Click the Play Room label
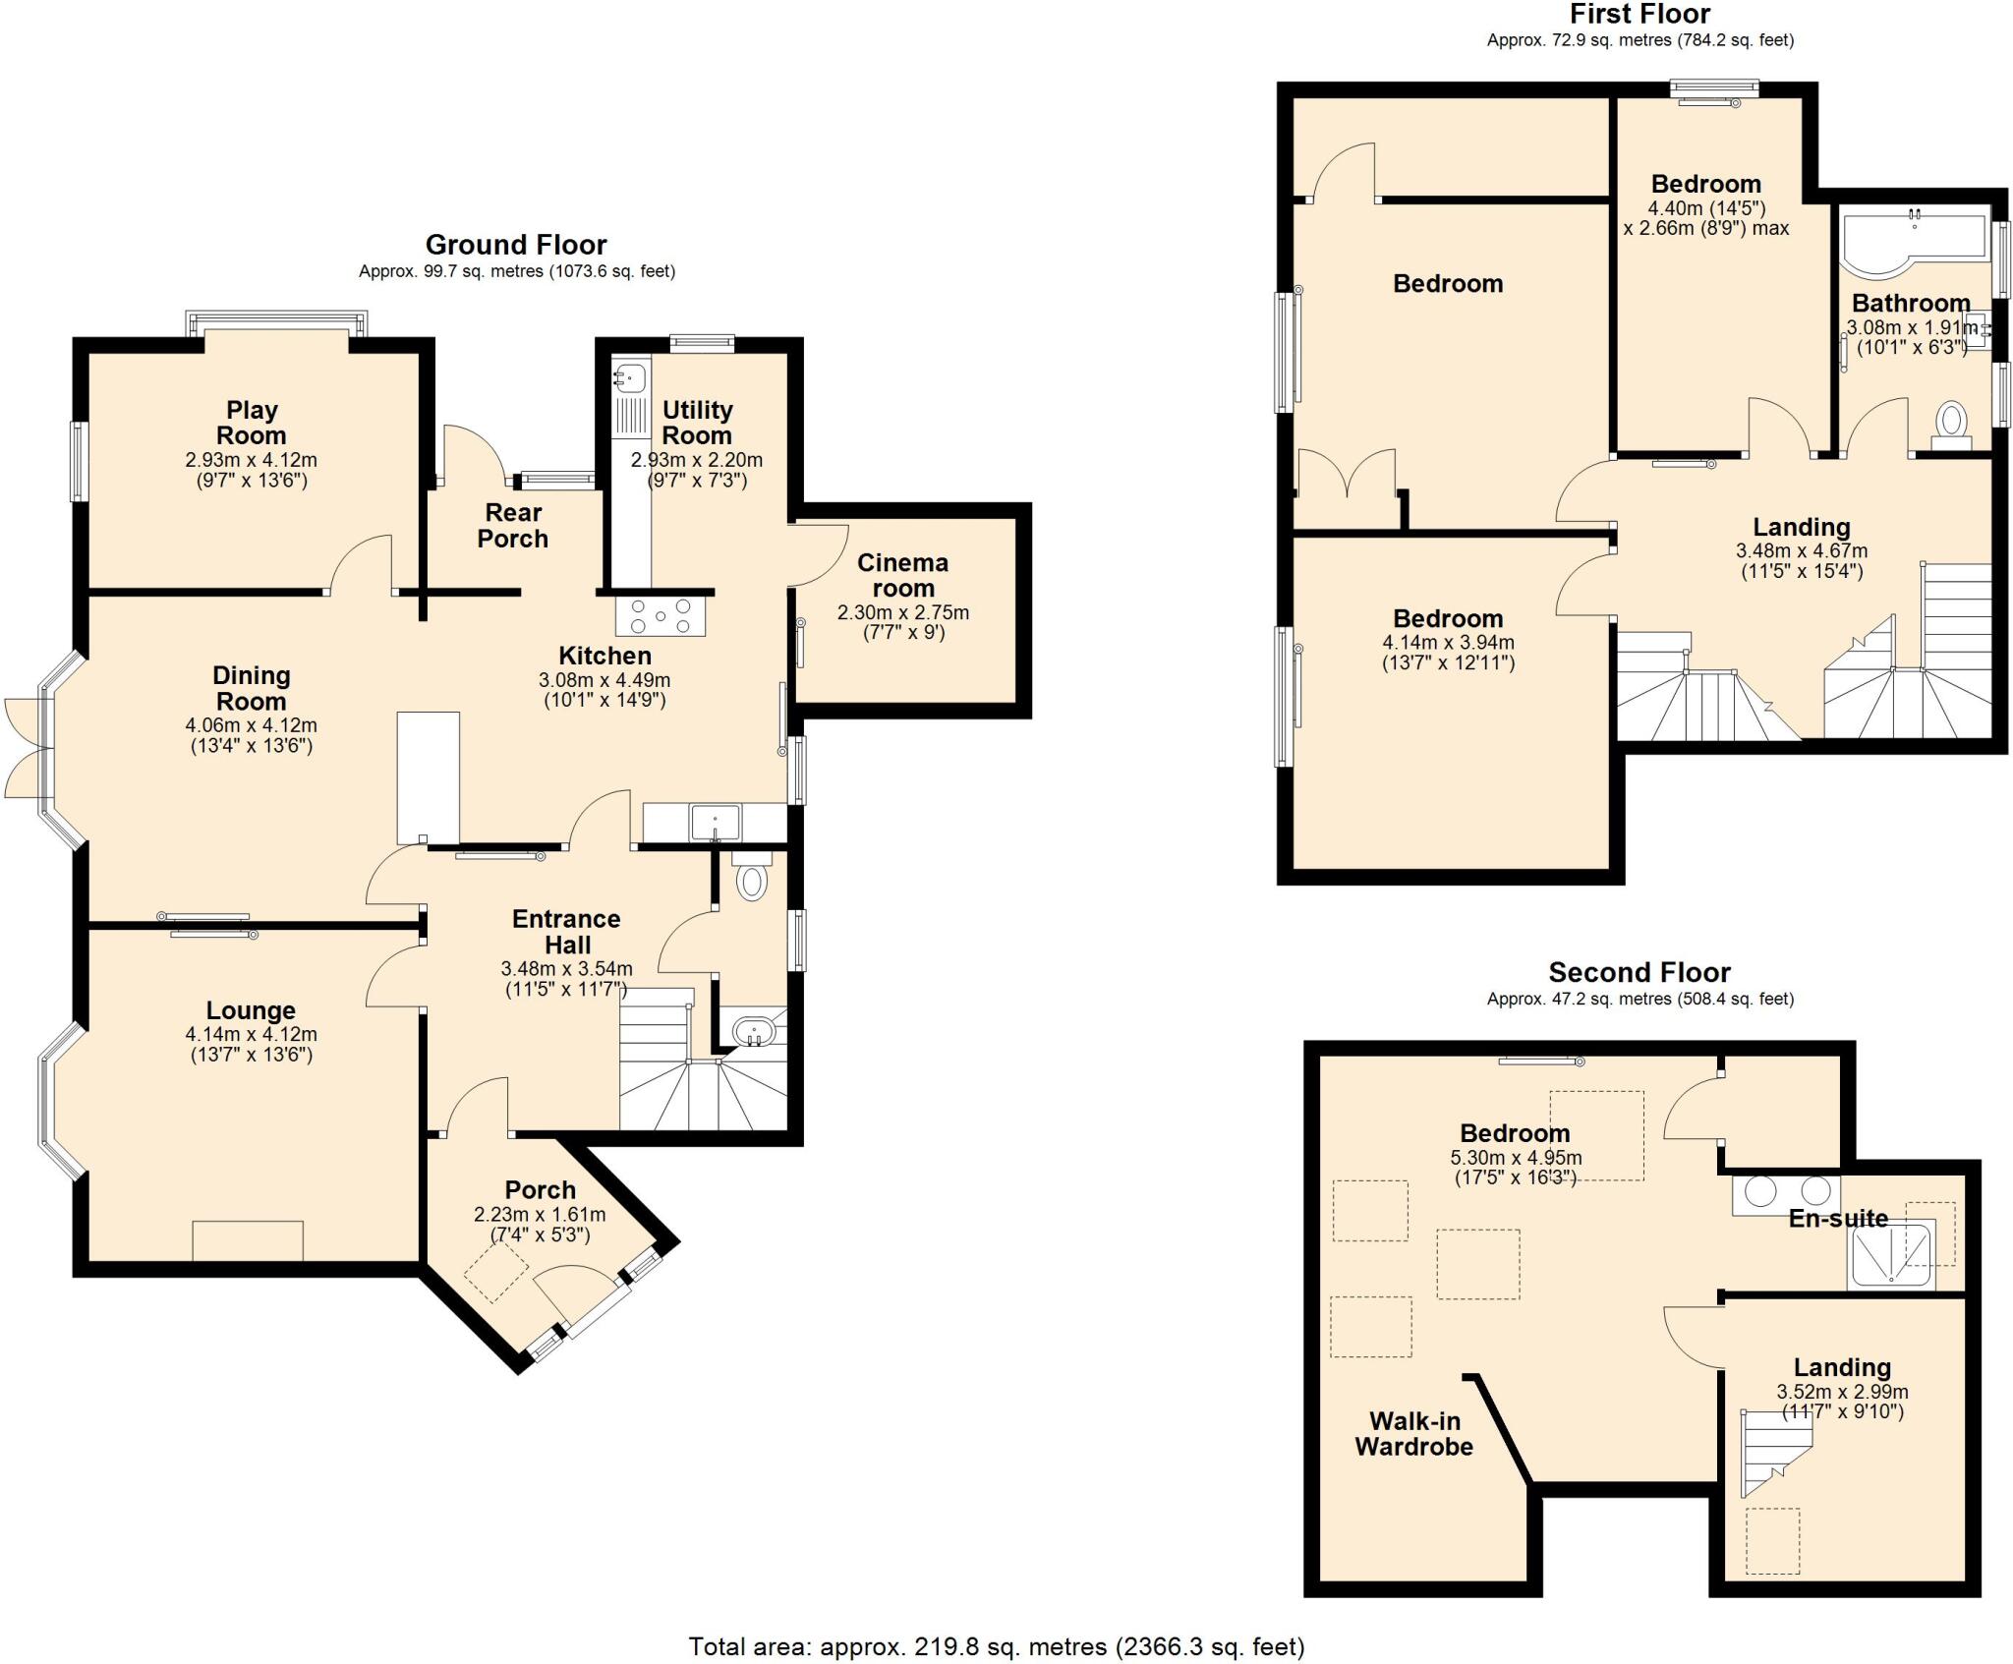pyautogui.click(x=252, y=423)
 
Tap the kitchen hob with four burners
pyautogui.click(x=661, y=616)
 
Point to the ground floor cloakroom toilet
pyautogui.click(x=752, y=880)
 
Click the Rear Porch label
pyautogui.click(x=513, y=526)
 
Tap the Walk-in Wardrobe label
pyautogui.click(x=1413, y=1434)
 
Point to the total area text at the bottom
pyautogui.click(x=996, y=1646)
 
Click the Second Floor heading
pyautogui.click(x=1639, y=973)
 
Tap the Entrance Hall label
pyautogui.click(x=566, y=932)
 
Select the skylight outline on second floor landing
pyautogui.click(x=1772, y=1541)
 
